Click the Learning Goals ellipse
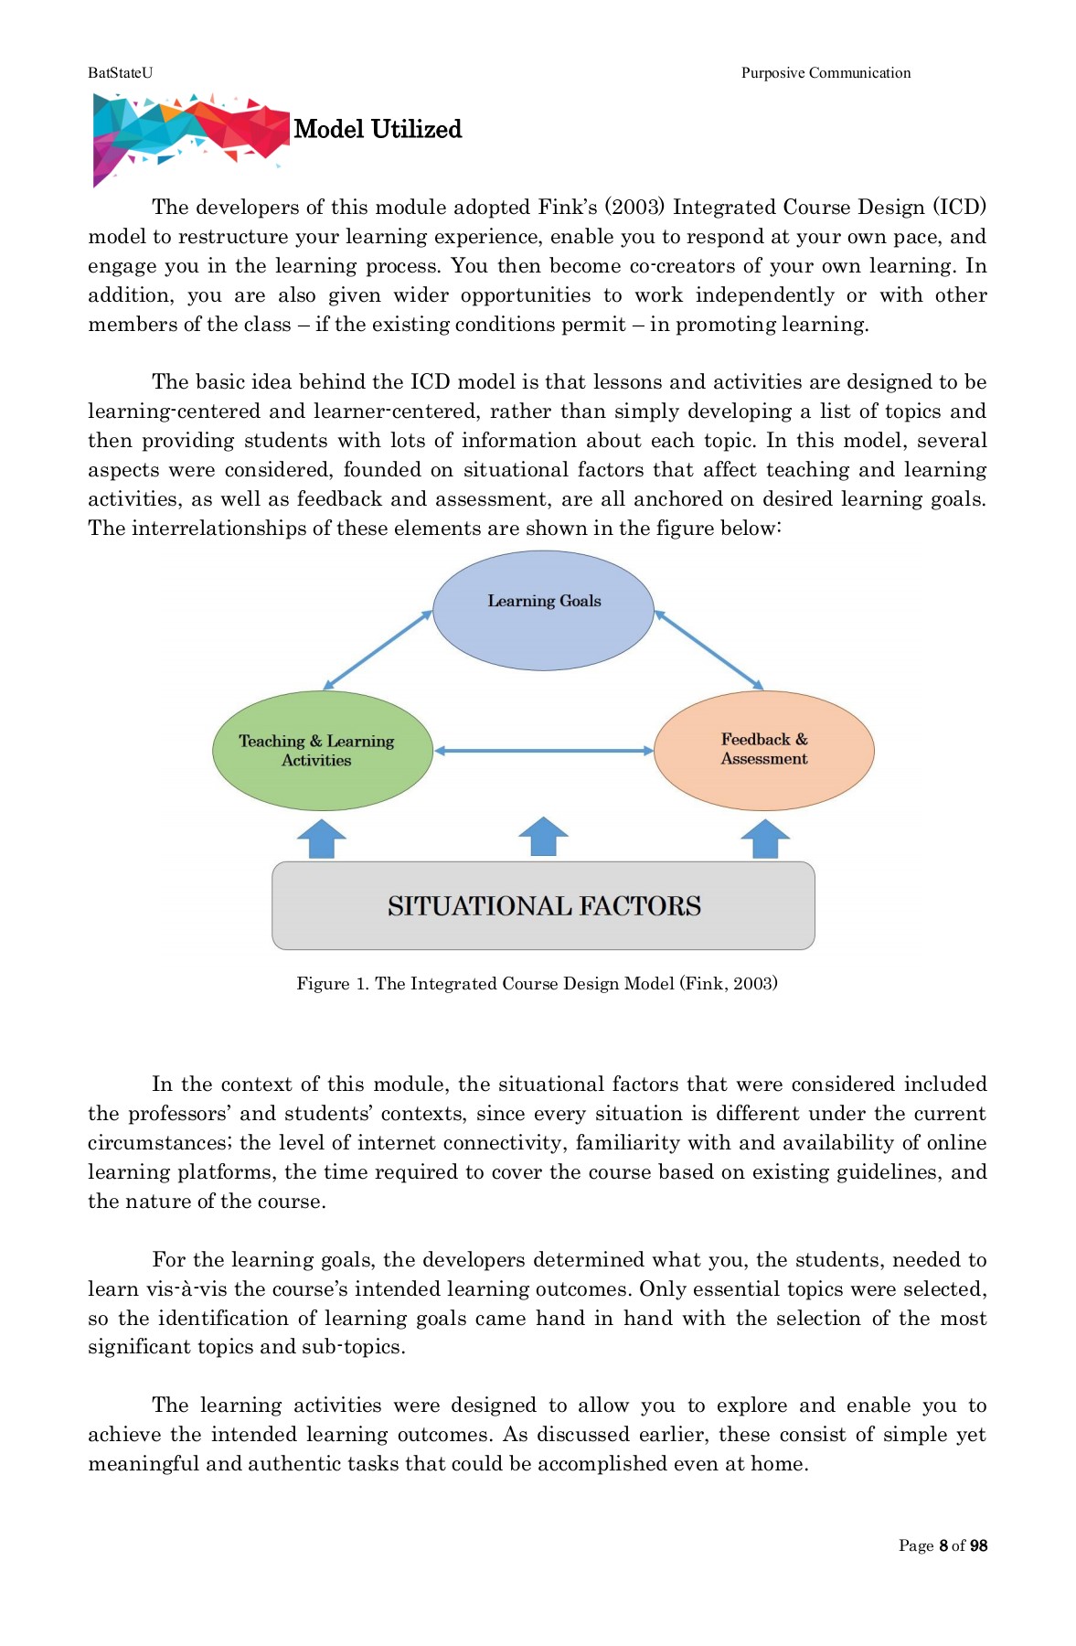click(x=543, y=611)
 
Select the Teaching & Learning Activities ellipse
click(x=322, y=751)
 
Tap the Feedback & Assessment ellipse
click(x=764, y=750)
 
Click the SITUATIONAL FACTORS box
click(x=543, y=905)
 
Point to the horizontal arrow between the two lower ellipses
click(x=543, y=751)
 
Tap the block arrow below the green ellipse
click(x=322, y=838)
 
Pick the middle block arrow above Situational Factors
click(x=543, y=837)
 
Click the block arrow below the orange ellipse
click(x=764, y=838)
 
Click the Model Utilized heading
click(x=378, y=129)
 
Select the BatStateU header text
click(x=120, y=73)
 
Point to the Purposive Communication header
click(x=826, y=73)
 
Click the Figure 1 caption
click(x=537, y=983)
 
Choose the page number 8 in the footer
click(x=943, y=1545)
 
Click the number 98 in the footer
click(x=978, y=1545)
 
